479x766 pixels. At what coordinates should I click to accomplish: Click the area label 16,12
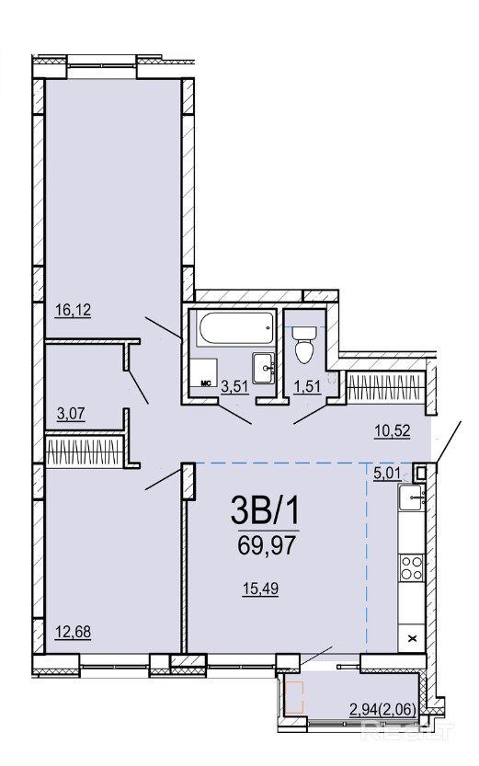point(74,310)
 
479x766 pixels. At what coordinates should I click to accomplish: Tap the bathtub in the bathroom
point(235,327)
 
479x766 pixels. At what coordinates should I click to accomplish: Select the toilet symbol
point(303,346)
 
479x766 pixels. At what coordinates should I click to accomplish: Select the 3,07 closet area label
point(72,414)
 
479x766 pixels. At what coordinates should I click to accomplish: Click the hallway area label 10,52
point(392,431)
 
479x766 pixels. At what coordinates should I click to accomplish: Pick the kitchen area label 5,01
point(387,474)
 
